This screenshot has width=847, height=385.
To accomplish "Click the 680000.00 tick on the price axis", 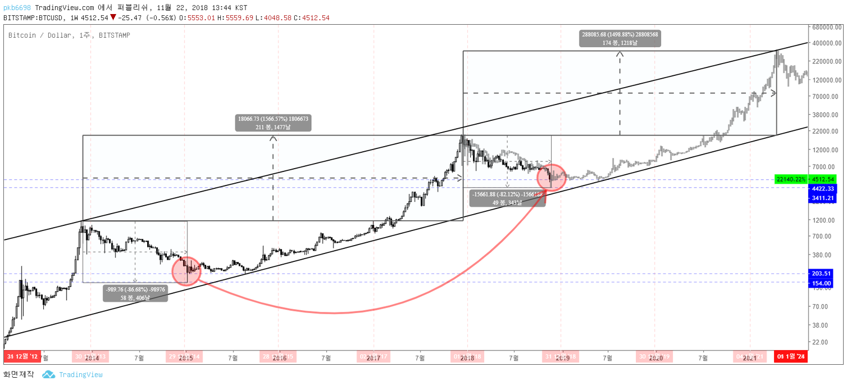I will coord(826,27).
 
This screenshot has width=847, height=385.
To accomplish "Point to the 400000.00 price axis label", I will coord(826,43).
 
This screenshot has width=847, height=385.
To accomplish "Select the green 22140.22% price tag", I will coord(791,179).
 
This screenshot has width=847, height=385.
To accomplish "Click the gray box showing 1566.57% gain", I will coord(273,123).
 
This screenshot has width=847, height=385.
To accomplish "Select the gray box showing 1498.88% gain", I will coord(620,38).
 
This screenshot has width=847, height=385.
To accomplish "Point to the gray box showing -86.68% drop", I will coord(135,293).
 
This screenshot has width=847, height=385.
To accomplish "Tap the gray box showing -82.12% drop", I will coord(507,198).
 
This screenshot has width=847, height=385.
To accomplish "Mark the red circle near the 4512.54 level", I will coord(551,177).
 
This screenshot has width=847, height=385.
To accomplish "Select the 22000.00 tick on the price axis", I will coord(826,131).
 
